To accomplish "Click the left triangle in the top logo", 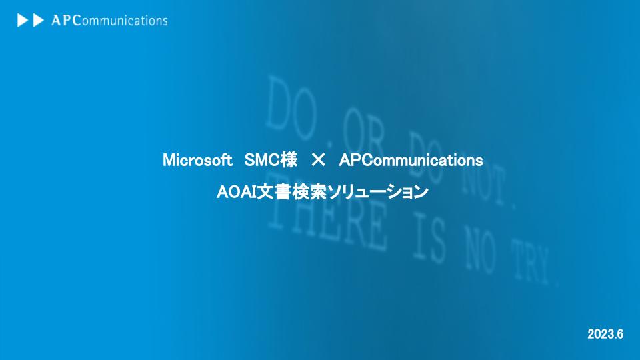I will [22, 21].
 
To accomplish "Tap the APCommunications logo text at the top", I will [109, 21].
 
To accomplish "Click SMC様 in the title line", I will [271, 161].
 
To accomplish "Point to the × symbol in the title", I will [318, 161].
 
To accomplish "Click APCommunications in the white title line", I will [411, 161].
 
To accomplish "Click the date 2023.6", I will [605, 333].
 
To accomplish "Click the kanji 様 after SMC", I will [289, 161].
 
